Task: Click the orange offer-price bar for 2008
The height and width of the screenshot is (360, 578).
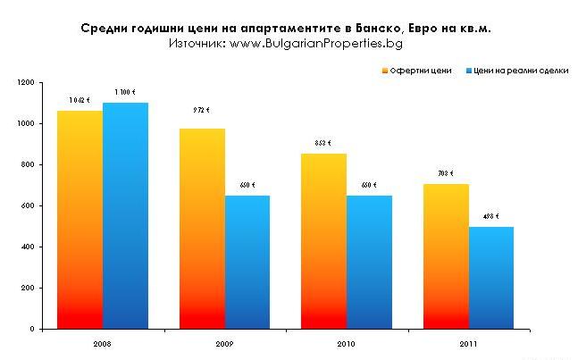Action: pyautogui.click(x=80, y=220)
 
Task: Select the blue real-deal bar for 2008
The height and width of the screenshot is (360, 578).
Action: pyautogui.click(x=125, y=215)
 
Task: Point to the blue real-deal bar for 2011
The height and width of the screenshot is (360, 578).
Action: pyautogui.click(x=491, y=278)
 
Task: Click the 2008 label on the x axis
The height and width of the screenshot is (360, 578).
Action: pyautogui.click(x=102, y=343)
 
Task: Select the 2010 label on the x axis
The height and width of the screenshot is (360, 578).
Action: pyautogui.click(x=347, y=343)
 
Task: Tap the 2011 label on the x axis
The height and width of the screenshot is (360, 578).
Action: pyautogui.click(x=468, y=343)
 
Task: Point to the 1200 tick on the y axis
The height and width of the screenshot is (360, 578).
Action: pyautogui.click(x=25, y=83)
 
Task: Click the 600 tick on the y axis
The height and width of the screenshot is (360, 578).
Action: pyautogui.click(x=28, y=206)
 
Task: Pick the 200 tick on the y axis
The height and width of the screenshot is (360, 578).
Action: pyautogui.click(x=28, y=289)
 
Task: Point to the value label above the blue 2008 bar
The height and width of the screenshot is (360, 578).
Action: pyautogui.click(x=125, y=92)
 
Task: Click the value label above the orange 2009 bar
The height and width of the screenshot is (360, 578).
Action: pyautogui.click(x=202, y=111)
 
